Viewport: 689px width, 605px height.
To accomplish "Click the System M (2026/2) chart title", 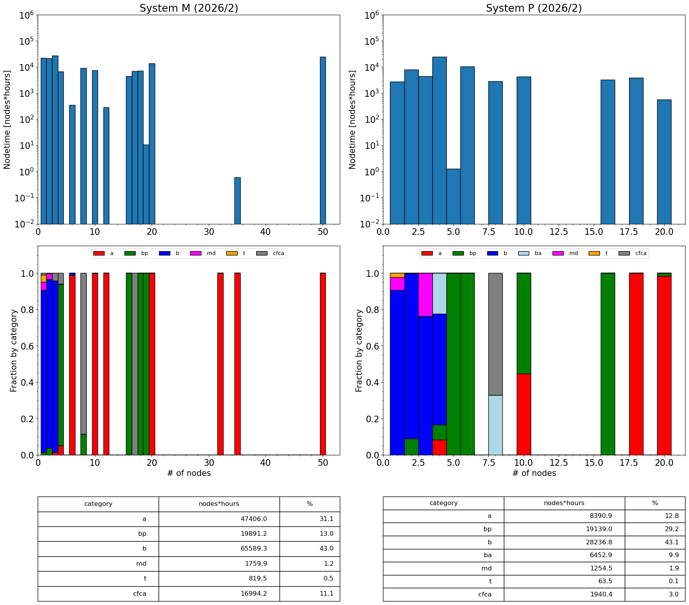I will coord(189,8).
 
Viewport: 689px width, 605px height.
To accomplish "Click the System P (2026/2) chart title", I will coord(533,8).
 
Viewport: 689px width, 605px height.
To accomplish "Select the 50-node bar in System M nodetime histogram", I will coord(323,140).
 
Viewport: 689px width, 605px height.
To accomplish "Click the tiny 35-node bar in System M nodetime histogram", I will coord(237,201).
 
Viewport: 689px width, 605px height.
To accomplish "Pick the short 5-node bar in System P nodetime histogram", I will coord(453,196).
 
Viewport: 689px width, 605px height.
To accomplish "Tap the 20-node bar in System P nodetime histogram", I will coord(664,162).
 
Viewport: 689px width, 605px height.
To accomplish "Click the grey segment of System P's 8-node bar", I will coord(495,334).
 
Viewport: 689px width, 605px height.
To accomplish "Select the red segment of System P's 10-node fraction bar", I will coord(523,414).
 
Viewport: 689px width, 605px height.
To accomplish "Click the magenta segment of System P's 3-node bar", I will coord(425,294).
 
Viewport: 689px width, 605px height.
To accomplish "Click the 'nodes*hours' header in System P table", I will coord(564,503).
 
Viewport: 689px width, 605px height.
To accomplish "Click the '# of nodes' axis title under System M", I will coord(189,473).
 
